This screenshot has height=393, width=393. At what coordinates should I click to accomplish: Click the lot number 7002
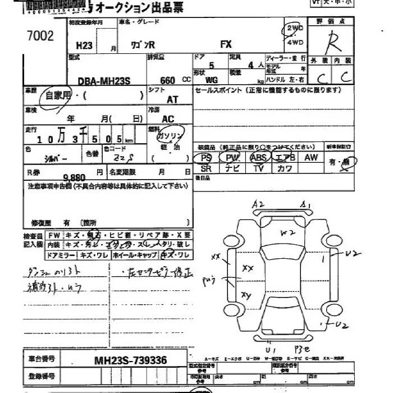40,36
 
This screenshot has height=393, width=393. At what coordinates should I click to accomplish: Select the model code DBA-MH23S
99,80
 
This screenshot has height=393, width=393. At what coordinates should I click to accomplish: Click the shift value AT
172,99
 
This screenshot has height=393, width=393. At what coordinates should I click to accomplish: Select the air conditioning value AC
168,119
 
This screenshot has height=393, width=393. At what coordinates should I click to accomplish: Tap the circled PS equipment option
205,158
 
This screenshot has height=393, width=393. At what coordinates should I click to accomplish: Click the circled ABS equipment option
259,158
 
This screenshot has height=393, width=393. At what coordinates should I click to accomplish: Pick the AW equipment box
311,158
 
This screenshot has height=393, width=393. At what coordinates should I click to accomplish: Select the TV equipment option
259,168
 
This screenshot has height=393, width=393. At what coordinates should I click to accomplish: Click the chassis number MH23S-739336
130,360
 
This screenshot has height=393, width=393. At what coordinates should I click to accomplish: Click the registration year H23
76,48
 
